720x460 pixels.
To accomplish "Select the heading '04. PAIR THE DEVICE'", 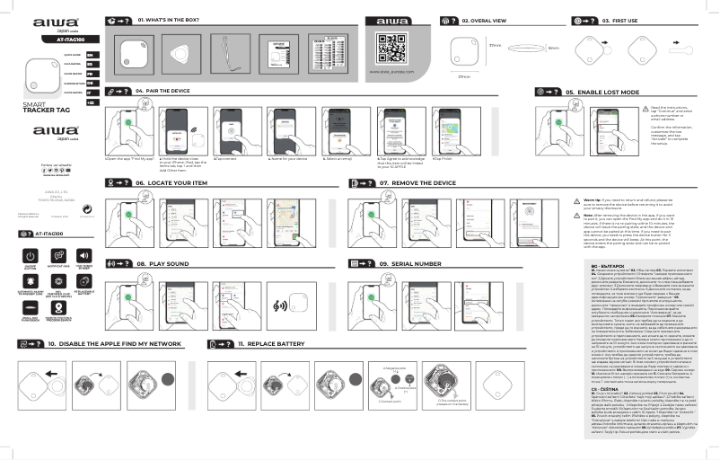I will [162, 92].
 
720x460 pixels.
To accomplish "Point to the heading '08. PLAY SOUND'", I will [162, 264].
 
